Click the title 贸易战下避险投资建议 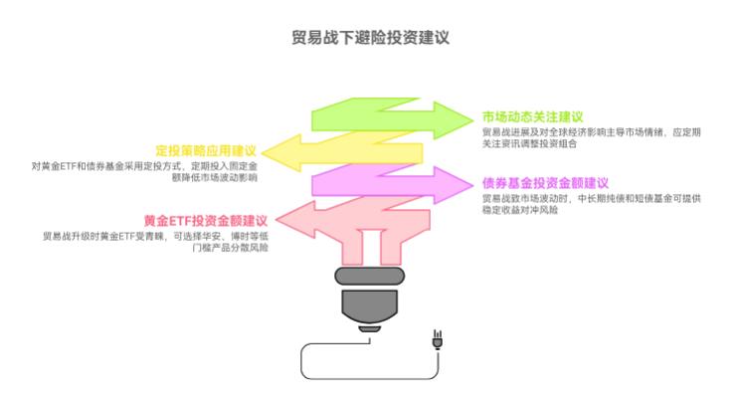pos(370,38)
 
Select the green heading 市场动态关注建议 pos(532,116)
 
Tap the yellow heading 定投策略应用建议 pos(206,151)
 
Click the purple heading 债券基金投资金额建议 pos(545,183)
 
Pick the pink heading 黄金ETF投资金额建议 pos(206,221)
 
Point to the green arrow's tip pos(472,119)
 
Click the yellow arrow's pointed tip pos(262,152)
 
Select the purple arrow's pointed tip pos(472,184)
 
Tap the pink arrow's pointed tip pos(276,219)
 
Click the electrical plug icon pos(438,339)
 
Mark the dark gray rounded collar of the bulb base pos(370,276)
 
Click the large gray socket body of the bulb pos(370,306)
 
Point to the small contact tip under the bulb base pos(370,329)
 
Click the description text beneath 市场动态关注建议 pos(592,137)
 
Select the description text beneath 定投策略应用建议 pos(144,172)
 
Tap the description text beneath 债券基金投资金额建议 pos(592,204)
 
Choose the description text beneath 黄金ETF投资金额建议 pos(155,242)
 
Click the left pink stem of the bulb pos(352,247)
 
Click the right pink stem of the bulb pos(391,247)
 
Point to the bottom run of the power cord pos(370,379)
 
